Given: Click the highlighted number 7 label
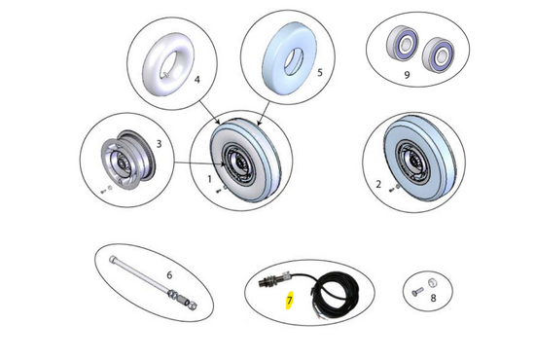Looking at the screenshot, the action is [289, 301].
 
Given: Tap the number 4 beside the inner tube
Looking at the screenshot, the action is [196, 80].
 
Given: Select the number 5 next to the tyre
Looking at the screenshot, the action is [320, 73].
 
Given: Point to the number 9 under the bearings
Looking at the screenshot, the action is [407, 75].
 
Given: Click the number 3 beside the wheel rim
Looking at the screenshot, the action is [159, 144].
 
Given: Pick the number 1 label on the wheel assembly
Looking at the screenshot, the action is [209, 179].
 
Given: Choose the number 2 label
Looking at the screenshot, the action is [378, 184].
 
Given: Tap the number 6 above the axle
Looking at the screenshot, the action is [169, 275].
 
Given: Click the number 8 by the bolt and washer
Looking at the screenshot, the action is [433, 299].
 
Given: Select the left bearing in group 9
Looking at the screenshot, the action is [403, 44].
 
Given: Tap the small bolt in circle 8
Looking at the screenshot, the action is [417, 292].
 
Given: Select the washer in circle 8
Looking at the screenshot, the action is [433, 282].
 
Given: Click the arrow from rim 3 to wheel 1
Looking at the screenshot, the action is [199, 163].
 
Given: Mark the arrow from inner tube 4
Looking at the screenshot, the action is [210, 113].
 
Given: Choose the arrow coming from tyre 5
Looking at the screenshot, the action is [264, 113].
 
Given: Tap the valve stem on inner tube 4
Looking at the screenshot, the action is [165, 76].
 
